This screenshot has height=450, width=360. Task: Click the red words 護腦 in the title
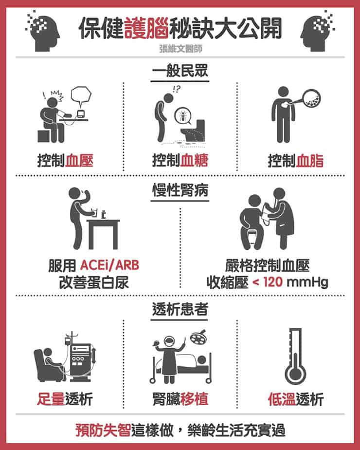[146, 28]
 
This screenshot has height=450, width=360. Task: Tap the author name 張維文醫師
[181, 49]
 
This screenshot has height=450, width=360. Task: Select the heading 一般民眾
[180, 71]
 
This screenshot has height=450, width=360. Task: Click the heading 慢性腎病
[180, 190]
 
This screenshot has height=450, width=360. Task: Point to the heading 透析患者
[180, 309]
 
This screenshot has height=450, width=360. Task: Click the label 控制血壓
[65, 160]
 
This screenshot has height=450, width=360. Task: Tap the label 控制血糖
[180, 160]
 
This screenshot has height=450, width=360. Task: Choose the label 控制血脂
[295, 160]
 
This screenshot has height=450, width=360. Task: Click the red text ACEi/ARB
[109, 265]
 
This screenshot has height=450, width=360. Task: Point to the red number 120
[272, 282]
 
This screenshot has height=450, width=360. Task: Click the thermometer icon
[295, 356]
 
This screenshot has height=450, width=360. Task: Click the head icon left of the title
[44, 32]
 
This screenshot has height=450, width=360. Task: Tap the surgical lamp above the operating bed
[198, 337]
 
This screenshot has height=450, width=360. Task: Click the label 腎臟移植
[180, 399]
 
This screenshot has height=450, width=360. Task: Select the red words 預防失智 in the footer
[103, 430]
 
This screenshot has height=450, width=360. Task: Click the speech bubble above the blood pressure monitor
[81, 96]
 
